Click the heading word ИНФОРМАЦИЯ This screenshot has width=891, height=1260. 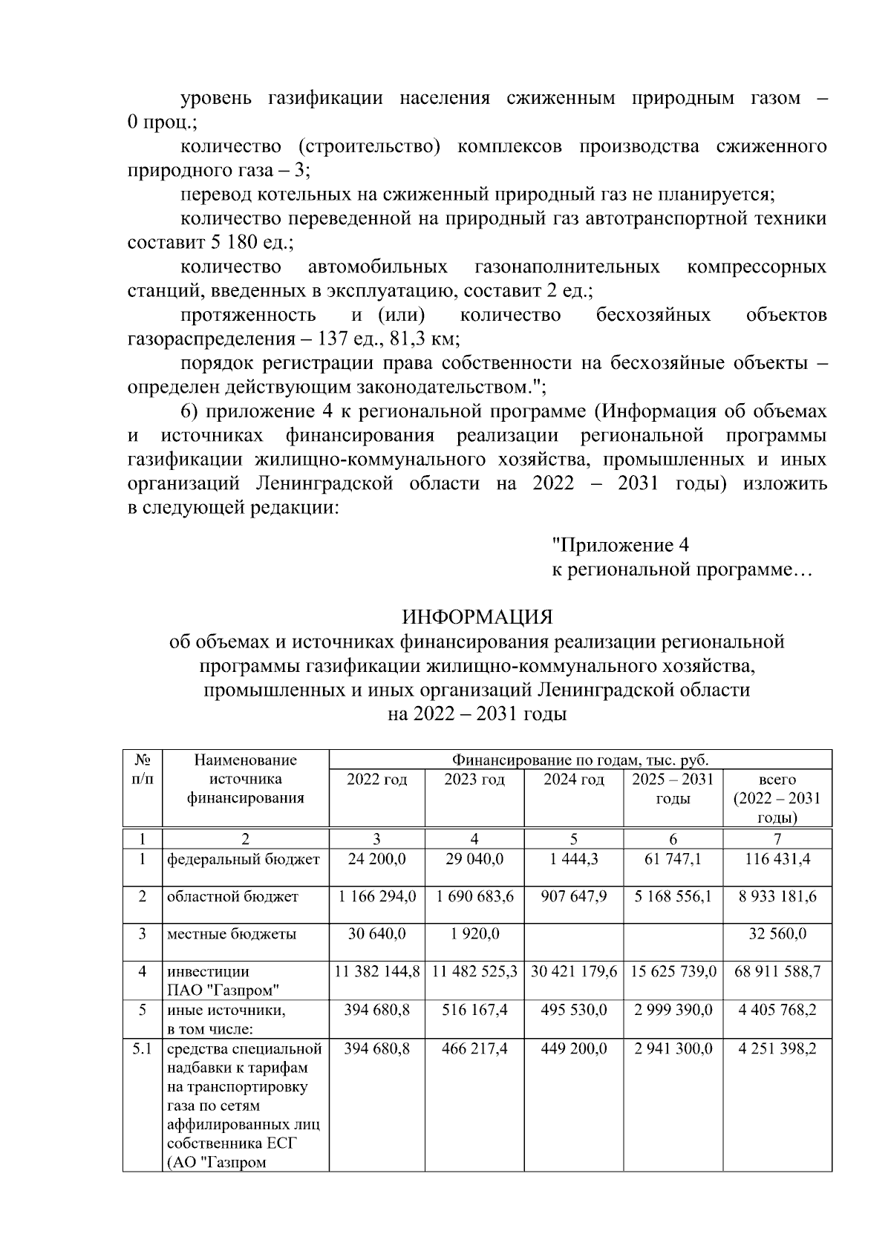(477, 617)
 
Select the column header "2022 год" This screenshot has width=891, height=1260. (376, 780)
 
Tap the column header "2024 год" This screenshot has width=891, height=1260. (573, 780)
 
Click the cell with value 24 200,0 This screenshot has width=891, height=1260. (376, 859)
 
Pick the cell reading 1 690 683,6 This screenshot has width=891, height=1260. (474, 896)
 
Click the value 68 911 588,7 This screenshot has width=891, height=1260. (777, 971)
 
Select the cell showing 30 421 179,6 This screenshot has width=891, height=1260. (573, 971)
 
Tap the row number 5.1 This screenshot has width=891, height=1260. (142, 1048)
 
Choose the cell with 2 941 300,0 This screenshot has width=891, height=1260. (673, 1048)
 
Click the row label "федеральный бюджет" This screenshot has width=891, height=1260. (244, 860)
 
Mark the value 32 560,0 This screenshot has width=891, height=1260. (777, 934)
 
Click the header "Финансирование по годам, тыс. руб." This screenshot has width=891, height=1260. (580, 760)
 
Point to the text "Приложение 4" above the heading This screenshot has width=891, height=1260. (621, 546)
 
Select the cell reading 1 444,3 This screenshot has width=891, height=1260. (573, 859)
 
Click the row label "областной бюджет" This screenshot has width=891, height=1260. (232, 897)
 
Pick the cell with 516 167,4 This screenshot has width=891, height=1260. (474, 1010)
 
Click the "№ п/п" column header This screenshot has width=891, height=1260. (142, 769)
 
